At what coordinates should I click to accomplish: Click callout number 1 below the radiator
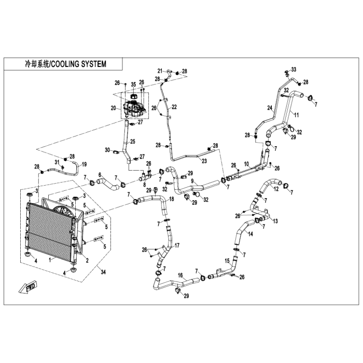[50, 258]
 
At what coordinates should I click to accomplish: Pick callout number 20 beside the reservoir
[114, 108]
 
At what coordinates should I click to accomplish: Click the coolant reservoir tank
[134, 108]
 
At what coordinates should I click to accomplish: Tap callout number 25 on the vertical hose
[132, 142]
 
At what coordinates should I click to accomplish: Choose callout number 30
[108, 150]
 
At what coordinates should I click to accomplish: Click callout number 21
[160, 71]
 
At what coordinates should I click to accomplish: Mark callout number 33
[308, 69]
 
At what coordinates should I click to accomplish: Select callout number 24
[270, 108]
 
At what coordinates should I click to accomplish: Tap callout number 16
[180, 275]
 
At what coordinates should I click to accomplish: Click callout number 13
[275, 220]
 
